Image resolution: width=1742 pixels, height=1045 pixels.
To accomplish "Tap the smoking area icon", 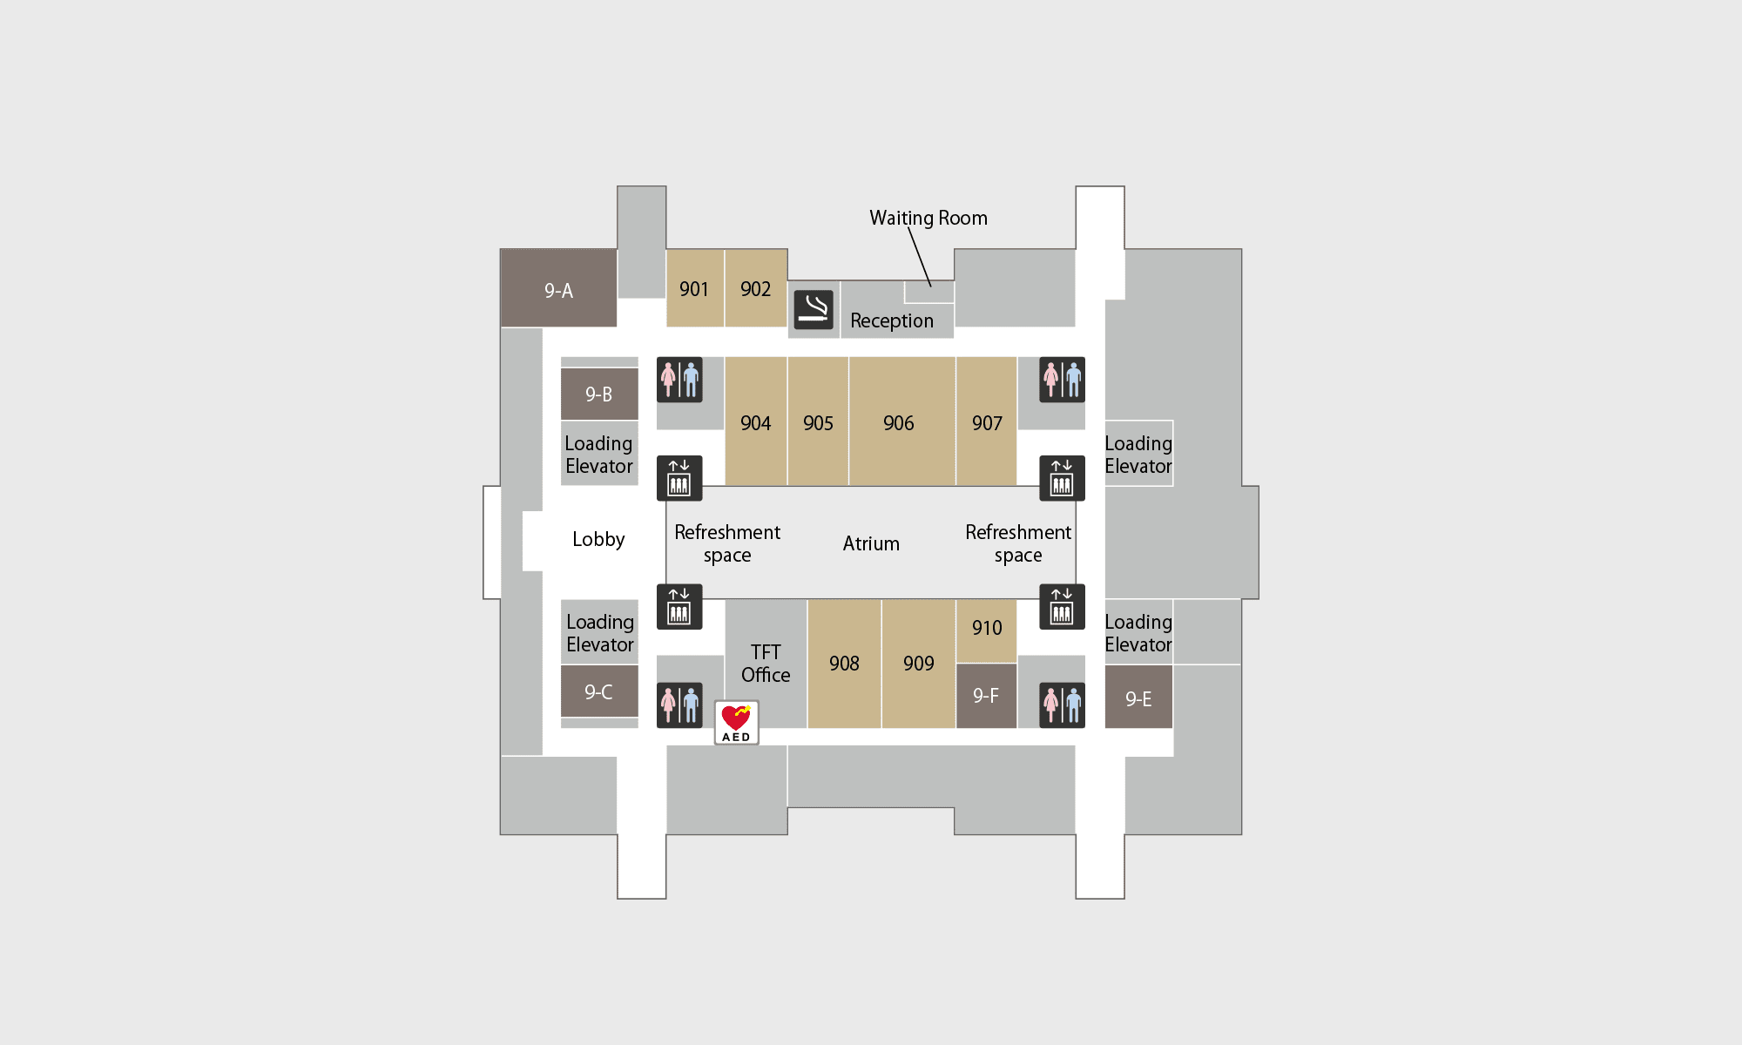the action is (814, 310).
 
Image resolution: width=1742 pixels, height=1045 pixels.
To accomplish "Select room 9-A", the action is (558, 288).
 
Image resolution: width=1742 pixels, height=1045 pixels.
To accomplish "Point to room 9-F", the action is (987, 696).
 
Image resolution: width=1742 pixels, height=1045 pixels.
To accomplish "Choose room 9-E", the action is (1138, 697).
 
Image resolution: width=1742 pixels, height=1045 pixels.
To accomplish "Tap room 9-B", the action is (599, 394).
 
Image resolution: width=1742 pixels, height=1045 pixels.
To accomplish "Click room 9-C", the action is (599, 691).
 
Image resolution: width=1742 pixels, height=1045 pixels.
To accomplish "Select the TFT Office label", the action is (766, 664).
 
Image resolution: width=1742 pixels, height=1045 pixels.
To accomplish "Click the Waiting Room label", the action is (928, 218).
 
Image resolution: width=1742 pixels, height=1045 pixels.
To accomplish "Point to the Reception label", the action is (892, 320).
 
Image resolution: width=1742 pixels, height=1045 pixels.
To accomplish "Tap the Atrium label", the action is (871, 543).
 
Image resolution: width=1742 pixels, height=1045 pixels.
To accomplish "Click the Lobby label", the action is (598, 539).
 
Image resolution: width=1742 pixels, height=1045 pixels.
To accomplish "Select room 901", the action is (695, 288).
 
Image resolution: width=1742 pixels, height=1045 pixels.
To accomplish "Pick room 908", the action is (845, 664).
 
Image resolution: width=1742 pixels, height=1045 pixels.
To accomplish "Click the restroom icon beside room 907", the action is (1063, 380).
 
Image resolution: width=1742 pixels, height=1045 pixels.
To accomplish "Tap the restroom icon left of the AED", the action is (679, 705).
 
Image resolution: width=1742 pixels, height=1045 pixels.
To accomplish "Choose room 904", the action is (756, 421).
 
